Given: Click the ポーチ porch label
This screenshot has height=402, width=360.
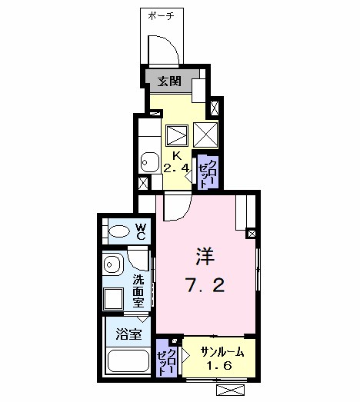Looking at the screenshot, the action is coord(161,16).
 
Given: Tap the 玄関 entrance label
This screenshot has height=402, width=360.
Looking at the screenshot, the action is coord(169,81).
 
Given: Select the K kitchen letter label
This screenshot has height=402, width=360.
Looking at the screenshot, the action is coord(176,155).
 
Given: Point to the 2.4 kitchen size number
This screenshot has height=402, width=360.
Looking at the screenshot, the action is coord(176,168).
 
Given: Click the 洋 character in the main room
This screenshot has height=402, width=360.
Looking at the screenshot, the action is coord(205,257).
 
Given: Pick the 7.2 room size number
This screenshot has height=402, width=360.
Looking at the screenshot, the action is coord(205,285).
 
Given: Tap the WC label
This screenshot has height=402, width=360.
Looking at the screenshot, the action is coord(140,231).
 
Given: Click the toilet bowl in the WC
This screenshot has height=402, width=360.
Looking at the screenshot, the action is coord(118,231).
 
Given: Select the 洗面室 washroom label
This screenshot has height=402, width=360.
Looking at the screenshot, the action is coord(138,291).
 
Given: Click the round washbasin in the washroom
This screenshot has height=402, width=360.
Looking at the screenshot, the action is coord(111,264).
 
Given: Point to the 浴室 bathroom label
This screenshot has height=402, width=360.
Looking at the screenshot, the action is coord(128,334).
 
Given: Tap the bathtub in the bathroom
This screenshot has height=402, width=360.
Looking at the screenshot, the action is coord(128,361).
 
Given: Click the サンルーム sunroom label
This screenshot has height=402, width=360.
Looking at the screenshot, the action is coord(222,353).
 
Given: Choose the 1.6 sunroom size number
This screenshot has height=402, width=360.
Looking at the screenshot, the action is coord(220,365).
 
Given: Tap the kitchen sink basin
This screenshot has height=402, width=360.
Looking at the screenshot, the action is coord(150,162).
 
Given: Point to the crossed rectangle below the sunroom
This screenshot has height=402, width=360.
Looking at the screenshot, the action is coord(230,390).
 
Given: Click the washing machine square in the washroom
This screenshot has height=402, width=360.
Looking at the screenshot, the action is coord(113,299).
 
